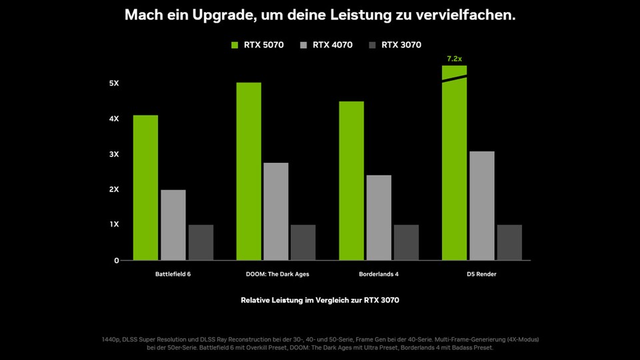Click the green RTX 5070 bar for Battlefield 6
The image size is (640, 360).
(x=145, y=187)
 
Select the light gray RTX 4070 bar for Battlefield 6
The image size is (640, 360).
(x=173, y=225)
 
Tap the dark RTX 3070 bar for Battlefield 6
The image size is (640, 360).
(x=201, y=242)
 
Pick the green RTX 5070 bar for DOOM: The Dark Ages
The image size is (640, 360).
(x=249, y=171)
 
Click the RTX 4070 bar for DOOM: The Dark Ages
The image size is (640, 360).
(x=276, y=211)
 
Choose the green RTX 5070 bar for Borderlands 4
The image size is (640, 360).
(x=351, y=181)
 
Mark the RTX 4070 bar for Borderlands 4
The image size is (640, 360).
(x=379, y=217)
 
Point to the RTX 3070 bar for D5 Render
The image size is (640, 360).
(x=509, y=242)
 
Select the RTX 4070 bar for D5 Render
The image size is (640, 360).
(x=482, y=205)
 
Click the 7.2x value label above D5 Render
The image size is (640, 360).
(x=454, y=59)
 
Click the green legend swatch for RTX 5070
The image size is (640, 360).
(x=235, y=45)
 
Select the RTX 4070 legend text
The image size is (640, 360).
(x=333, y=45)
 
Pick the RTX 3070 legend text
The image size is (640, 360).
(x=401, y=45)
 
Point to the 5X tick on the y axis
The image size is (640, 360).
(x=114, y=83)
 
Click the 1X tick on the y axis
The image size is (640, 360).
(x=114, y=225)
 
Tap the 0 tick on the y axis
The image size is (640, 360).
(x=116, y=260)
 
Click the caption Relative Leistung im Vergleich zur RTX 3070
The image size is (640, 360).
(x=320, y=301)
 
